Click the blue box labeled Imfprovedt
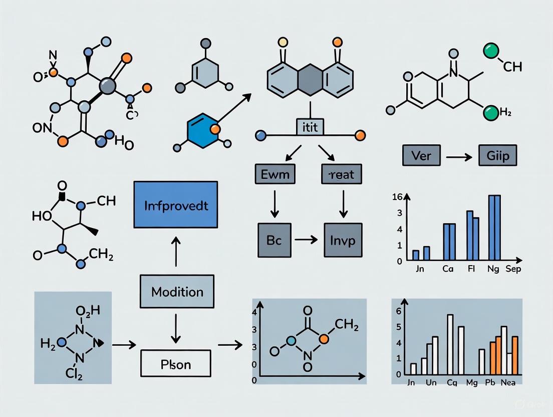[176, 204]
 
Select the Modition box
[177, 292]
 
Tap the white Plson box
[175, 363]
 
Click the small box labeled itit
[310, 127]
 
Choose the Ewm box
[275, 174]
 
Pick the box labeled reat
[341, 174]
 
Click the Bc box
[274, 240]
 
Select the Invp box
[343, 240]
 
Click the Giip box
[497, 156]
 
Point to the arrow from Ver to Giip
[459, 157]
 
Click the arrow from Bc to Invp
[306, 240]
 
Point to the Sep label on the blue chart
[513, 269]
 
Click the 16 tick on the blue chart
[397, 196]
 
